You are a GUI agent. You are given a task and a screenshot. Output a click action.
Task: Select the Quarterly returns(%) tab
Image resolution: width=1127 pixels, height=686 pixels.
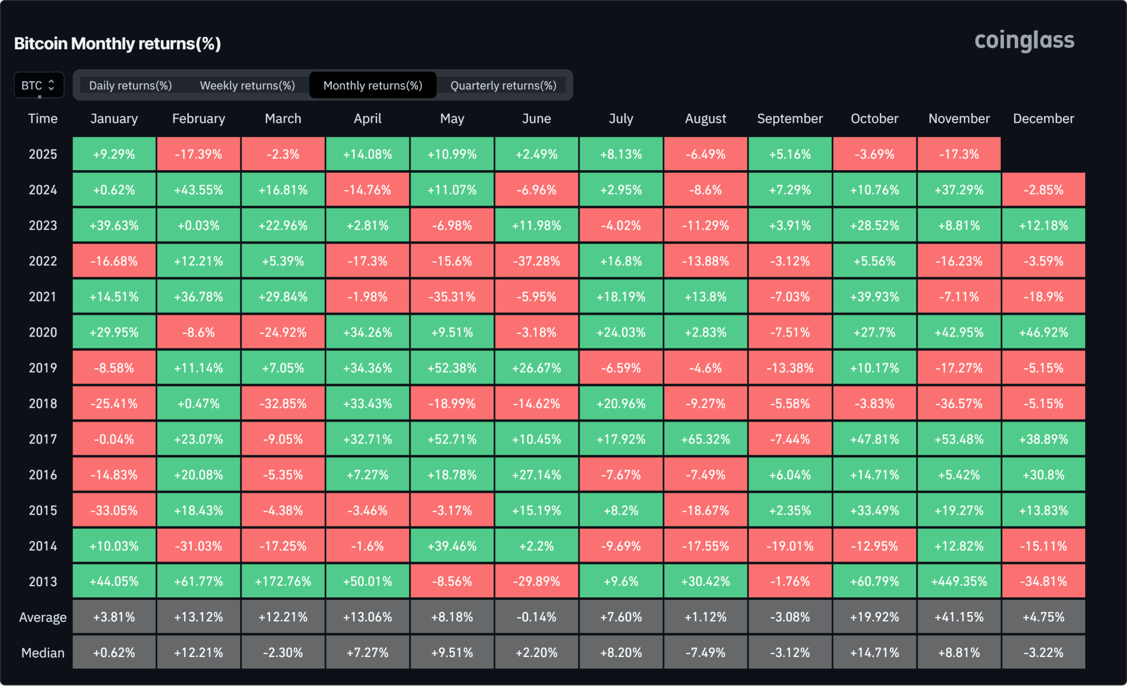click(503, 85)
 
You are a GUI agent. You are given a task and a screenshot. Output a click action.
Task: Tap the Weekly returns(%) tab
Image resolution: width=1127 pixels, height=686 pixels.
click(247, 85)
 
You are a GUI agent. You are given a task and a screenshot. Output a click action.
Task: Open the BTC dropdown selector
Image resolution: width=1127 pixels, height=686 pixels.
click(39, 85)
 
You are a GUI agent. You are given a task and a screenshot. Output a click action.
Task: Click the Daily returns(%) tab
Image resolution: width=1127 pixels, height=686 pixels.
click(130, 85)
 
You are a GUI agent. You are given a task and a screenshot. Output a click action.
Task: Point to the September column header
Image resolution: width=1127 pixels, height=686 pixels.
click(789, 119)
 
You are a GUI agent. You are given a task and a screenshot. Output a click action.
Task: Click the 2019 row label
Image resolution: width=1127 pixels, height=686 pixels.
click(43, 368)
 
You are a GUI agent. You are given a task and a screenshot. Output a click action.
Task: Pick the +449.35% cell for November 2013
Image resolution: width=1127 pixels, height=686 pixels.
click(959, 581)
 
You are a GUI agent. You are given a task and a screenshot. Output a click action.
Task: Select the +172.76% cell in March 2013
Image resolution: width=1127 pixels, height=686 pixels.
click(283, 581)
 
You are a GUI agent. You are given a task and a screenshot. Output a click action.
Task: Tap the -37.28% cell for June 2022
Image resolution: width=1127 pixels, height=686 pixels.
click(536, 261)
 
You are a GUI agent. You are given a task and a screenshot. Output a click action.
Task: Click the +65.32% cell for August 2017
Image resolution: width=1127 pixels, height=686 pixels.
click(705, 439)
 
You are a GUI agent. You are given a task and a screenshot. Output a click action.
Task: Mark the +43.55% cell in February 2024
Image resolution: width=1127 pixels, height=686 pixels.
click(199, 190)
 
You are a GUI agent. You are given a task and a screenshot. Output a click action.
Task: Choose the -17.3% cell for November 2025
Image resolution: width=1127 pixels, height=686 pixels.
click(959, 154)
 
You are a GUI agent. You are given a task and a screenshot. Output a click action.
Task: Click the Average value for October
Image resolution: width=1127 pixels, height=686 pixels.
click(874, 617)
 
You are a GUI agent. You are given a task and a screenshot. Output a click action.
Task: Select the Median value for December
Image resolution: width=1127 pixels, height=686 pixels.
click(1043, 653)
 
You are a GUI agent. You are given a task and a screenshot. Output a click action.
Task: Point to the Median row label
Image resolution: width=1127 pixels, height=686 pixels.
click(43, 653)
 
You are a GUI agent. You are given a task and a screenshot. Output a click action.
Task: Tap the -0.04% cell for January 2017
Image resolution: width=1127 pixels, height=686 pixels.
click(114, 439)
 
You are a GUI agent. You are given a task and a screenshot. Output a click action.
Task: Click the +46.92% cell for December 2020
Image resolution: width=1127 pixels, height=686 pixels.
click(1043, 332)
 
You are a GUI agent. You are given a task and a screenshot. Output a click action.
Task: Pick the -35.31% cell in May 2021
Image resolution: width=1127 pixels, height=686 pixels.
click(452, 297)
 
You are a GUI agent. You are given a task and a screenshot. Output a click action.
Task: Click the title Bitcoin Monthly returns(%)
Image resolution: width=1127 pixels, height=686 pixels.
click(118, 44)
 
